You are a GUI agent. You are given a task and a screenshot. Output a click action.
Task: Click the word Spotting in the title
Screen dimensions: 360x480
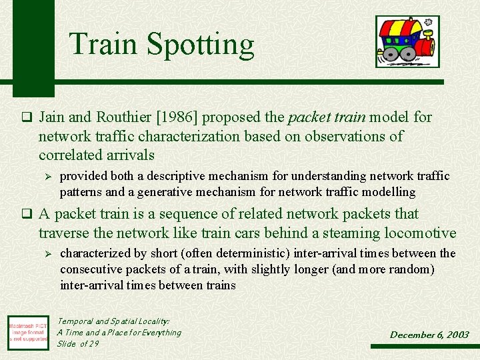coord(200,45)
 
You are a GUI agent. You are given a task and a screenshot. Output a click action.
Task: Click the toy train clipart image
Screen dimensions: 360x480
coord(407,41)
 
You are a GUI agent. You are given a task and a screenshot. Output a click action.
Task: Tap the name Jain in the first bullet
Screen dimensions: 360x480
coord(52,117)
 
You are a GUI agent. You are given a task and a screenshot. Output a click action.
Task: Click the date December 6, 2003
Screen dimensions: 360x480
coord(429,335)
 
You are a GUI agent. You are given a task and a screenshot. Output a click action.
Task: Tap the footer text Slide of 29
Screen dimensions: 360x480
coord(77,343)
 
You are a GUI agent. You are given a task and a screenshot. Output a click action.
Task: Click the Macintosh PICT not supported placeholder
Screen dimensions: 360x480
coord(27,331)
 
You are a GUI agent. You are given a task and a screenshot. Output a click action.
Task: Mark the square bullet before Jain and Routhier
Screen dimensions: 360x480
coord(27,118)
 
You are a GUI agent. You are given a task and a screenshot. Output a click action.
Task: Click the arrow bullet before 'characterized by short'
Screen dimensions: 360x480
coord(46,254)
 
